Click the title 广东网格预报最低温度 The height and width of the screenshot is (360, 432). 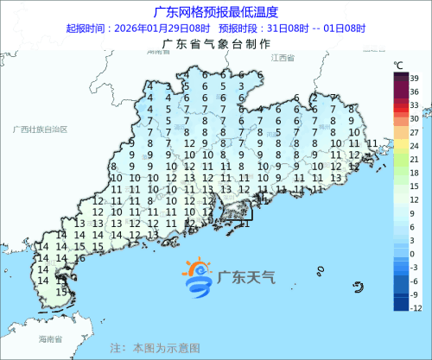215,12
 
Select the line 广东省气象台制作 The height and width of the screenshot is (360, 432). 215,45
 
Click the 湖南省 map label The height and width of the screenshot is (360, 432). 158,53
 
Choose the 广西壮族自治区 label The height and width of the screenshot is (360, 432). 41,129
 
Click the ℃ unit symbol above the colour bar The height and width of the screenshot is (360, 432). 399,65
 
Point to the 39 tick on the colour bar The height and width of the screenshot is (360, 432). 415,79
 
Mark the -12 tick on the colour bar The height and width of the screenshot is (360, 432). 415,307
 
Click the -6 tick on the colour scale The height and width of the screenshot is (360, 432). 414,281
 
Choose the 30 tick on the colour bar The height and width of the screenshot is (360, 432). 415,117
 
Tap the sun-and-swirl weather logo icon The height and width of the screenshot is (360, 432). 198,276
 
